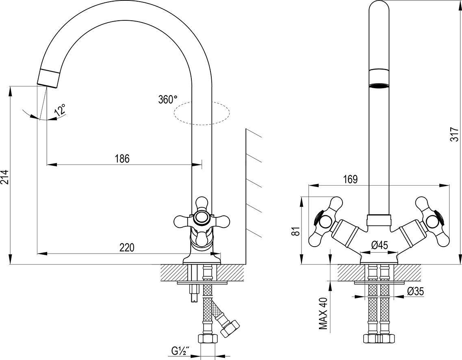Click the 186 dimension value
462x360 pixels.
coord(121,158)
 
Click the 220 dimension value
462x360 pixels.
coord(127,247)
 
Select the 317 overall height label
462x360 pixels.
coord(455,134)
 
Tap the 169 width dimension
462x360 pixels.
coord(350,179)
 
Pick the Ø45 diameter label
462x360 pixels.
coord(380,245)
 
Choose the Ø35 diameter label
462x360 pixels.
coord(415,291)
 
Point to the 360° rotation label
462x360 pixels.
coord(168,99)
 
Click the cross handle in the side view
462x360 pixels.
coord(202,218)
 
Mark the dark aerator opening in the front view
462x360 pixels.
coord(379,86)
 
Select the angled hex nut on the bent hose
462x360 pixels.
coord(230,327)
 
